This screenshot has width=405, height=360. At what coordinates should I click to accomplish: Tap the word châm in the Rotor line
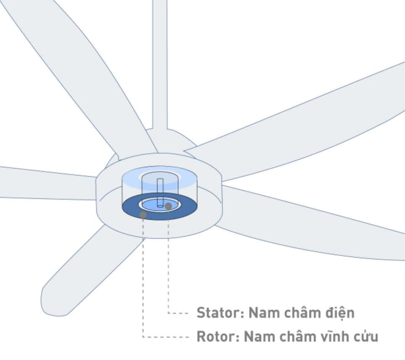[294, 336]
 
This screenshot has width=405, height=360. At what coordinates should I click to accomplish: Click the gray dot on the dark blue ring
[143, 214]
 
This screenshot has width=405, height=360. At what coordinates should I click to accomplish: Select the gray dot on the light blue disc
[168, 206]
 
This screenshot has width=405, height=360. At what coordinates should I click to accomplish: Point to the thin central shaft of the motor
[160, 193]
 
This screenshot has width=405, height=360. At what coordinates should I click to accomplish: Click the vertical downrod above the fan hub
[160, 64]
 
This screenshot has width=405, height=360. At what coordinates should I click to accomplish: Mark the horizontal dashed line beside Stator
[178, 313]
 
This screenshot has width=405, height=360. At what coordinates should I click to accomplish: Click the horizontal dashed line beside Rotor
[166, 337]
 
